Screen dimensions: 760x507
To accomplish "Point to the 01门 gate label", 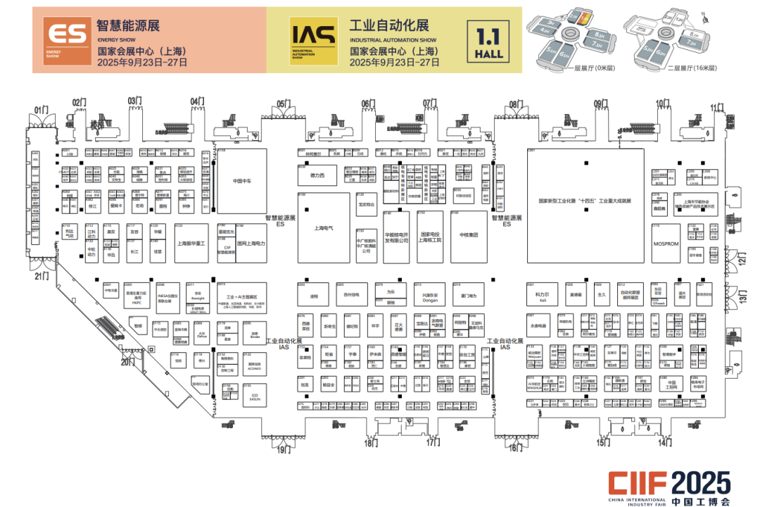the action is click(41, 110).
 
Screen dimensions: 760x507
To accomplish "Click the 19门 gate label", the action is click(283, 449).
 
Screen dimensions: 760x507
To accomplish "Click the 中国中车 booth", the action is click(241, 180).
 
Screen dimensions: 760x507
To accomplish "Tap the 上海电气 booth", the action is click(324, 227).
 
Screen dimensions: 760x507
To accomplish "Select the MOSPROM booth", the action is click(666, 244).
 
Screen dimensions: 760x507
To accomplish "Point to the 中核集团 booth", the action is click(469, 235).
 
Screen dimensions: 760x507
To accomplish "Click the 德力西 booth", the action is click(318, 175).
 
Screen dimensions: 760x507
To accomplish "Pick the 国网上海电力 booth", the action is click(251, 243).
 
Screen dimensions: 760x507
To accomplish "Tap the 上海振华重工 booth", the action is click(191, 243).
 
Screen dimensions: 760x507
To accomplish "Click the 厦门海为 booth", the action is click(469, 296).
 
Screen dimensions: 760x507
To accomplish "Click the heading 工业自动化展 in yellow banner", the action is click(389, 26).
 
